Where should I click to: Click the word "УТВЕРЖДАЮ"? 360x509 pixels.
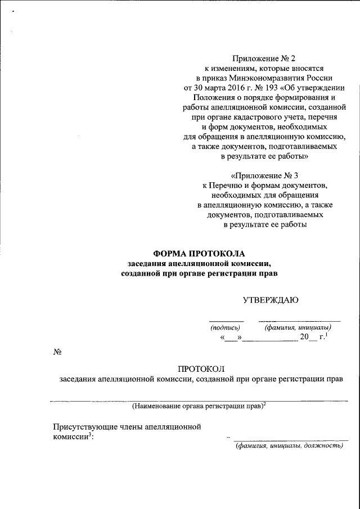pos(270,300)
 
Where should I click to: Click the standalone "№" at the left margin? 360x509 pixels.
pos(57,352)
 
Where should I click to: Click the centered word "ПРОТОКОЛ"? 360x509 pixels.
pos(201,368)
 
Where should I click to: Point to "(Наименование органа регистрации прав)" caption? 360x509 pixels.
pos(197,406)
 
